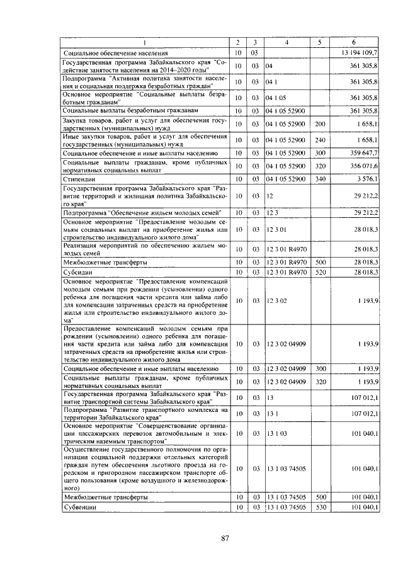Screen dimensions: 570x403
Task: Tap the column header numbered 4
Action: (x=287, y=42)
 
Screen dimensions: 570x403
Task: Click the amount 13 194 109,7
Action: (x=360, y=53)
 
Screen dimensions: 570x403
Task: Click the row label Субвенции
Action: (x=79, y=507)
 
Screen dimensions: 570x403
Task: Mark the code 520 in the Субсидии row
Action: (x=320, y=272)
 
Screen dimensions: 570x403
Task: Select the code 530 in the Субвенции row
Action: (x=320, y=507)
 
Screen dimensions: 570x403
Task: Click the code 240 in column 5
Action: (x=320, y=139)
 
